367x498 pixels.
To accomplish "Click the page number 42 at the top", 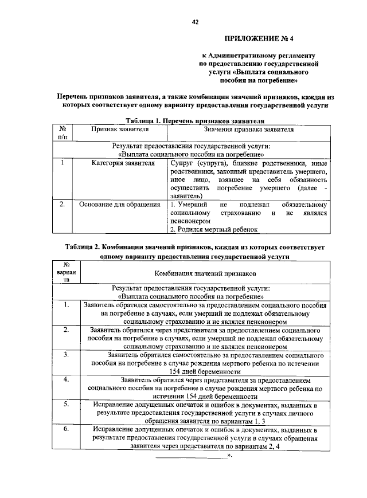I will tap(195, 22).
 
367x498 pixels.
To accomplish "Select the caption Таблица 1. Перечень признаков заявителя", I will tap(195, 121).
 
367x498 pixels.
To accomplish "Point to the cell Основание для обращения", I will tap(119, 205).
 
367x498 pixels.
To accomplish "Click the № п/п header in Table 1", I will tap(63, 134).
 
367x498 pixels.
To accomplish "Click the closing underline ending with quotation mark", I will tap(194, 457).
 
